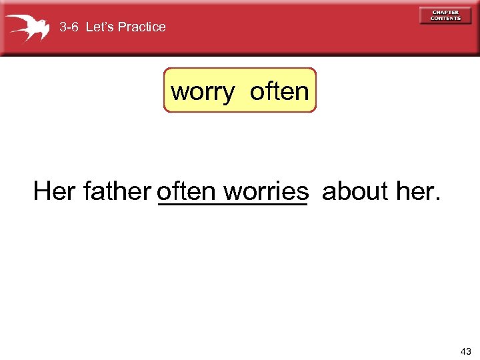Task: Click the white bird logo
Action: coord(28,27)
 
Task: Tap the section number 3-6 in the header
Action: coord(69,27)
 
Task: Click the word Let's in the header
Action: coord(100,27)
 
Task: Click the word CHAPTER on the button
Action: coord(445,12)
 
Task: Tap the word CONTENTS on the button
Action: coord(445,19)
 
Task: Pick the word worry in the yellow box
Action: coord(203,91)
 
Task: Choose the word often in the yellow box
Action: coord(279,91)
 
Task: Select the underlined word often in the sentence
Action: coord(187,192)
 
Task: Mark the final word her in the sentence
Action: coord(413,192)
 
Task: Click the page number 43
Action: coord(465,351)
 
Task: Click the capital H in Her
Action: coord(42,192)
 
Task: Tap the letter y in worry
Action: coord(228,94)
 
